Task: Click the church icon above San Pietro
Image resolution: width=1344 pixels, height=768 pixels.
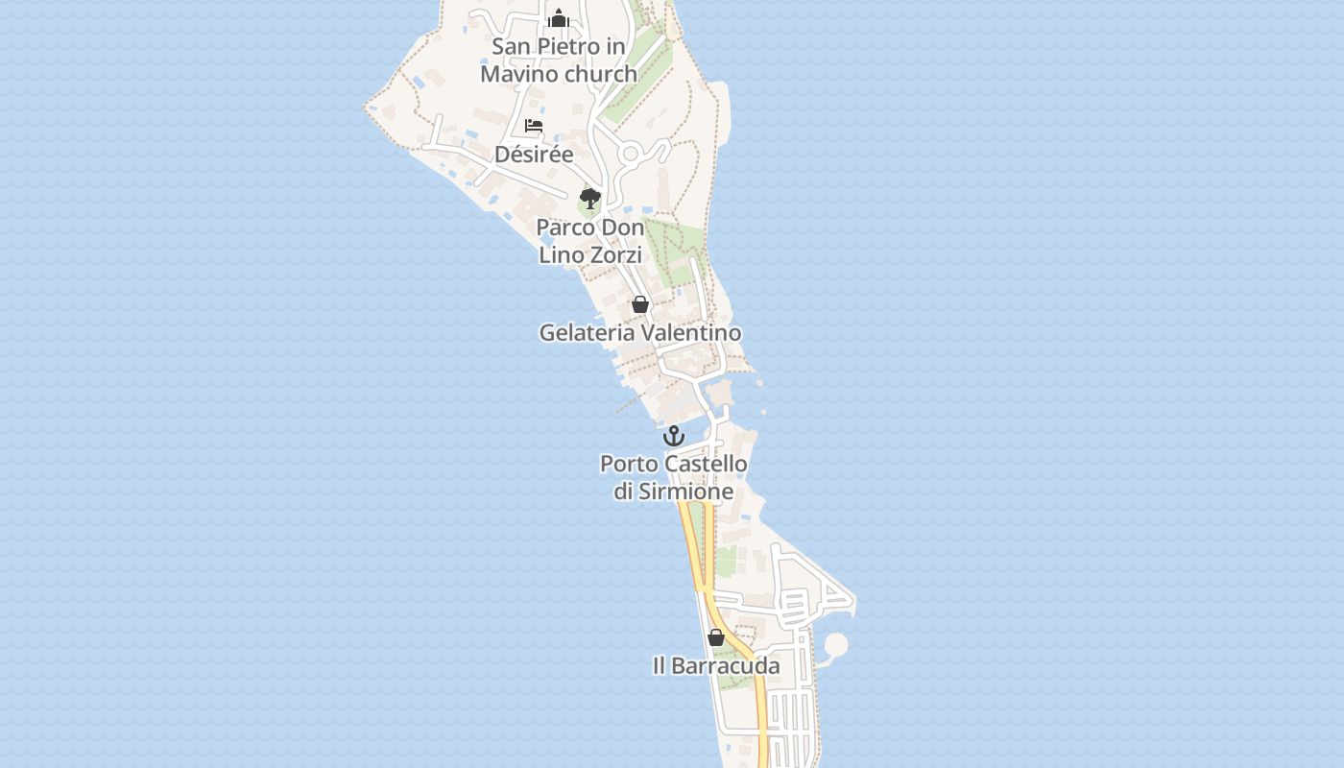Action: (559, 18)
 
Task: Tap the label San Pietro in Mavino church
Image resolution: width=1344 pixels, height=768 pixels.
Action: (559, 60)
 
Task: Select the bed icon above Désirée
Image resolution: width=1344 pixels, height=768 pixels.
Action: (534, 126)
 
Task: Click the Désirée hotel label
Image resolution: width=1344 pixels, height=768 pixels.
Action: (534, 154)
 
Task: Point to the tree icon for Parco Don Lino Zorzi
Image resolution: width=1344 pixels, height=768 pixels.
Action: (590, 199)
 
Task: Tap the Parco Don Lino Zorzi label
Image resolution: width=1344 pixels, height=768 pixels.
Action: (590, 241)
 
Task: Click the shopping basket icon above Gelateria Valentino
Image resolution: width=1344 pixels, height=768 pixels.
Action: (640, 304)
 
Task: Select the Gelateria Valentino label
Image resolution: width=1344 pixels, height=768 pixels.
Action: (640, 332)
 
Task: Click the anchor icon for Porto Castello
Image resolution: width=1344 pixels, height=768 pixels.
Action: (674, 436)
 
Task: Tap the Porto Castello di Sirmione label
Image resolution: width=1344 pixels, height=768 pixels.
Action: (674, 477)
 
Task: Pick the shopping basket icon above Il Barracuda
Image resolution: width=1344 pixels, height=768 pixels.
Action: (716, 637)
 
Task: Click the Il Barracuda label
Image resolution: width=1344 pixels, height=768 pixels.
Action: (716, 665)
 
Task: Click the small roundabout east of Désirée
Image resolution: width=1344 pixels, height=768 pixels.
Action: (631, 154)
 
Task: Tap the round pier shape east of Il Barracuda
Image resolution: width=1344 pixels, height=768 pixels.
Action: (836, 644)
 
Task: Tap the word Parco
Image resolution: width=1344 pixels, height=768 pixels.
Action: (564, 228)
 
